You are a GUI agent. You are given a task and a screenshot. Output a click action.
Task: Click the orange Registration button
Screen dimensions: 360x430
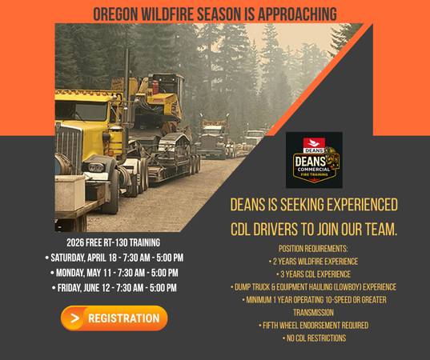point(114,318)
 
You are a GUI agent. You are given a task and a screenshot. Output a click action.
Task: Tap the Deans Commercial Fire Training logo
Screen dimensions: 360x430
point(313,160)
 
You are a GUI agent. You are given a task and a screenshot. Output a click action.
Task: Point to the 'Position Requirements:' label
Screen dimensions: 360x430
point(313,248)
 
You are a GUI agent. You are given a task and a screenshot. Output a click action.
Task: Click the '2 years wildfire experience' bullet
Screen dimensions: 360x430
point(313,261)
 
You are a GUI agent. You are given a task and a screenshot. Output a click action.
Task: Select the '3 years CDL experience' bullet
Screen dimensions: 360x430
point(313,274)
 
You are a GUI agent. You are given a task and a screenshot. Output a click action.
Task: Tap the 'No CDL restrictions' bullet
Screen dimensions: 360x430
point(313,338)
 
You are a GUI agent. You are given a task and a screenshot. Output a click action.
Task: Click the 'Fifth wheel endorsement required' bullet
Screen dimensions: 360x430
point(313,326)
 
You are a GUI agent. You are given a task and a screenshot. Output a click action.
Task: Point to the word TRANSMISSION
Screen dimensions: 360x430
point(313,313)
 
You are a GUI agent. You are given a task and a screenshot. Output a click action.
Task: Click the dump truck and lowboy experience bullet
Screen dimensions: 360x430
point(313,286)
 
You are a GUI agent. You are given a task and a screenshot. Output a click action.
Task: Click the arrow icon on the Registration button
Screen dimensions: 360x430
point(75,318)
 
